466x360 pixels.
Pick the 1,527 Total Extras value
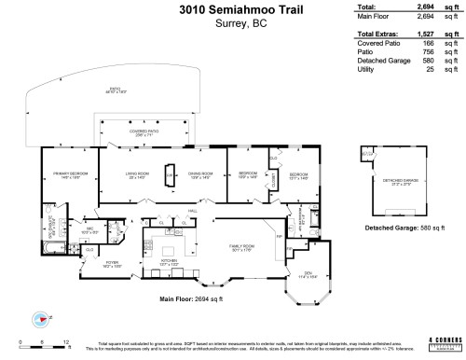[x=426, y=34]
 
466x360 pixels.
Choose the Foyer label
[x=112, y=264]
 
